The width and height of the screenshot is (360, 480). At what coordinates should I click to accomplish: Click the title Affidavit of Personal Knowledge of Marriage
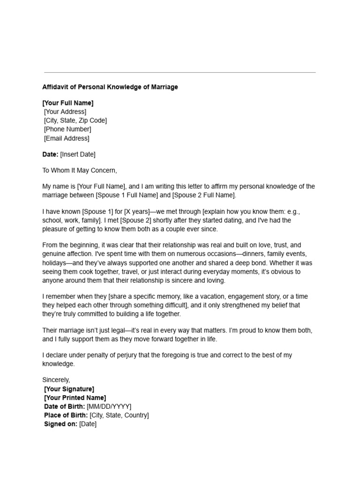tap(110, 87)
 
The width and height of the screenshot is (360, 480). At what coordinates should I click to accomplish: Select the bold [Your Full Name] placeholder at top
tap(68, 103)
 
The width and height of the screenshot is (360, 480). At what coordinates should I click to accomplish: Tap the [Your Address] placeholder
tap(65, 112)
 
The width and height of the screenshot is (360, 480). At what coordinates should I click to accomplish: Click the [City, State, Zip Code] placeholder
tap(75, 120)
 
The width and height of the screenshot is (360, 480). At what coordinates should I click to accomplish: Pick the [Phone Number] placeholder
tap(67, 129)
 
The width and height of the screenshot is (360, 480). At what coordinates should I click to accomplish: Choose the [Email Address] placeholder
tap(67, 138)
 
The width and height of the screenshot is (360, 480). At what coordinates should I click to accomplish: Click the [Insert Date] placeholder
tap(78, 154)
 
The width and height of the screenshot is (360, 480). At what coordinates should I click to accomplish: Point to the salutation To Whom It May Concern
tap(80, 171)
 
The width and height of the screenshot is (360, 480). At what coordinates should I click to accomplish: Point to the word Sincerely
tap(56, 380)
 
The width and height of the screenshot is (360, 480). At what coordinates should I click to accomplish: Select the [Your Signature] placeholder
tap(69, 389)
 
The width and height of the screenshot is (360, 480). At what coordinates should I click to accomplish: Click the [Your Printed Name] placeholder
tap(75, 397)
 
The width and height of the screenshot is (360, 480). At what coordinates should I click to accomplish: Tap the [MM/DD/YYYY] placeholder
tap(109, 406)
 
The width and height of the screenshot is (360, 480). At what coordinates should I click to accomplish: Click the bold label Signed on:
tap(60, 424)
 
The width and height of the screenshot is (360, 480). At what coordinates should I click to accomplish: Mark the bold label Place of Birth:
tap(66, 415)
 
